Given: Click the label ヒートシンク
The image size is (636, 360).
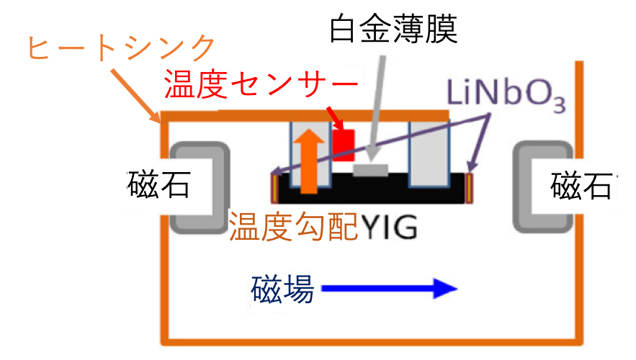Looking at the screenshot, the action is [x=121, y=48].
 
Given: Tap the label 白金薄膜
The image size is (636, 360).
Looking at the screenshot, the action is [x=393, y=29].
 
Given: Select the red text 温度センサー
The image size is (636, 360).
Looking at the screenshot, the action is [x=261, y=84].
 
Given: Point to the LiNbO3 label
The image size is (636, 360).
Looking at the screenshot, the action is [x=506, y=95].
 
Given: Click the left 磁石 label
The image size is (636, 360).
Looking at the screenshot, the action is [x=159, y=184].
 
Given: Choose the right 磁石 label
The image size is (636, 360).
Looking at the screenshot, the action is [x=582, y=185].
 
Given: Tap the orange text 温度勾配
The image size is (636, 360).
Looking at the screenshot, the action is [x=293, y=226].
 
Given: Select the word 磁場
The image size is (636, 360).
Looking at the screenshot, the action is [x=282, y=289].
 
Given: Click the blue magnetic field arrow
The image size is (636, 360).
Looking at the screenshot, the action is [x=390, y=289].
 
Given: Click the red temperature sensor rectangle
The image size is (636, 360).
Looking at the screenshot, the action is [x=344, y=145].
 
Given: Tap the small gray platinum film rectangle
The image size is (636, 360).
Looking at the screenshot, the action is [x=370, y=170].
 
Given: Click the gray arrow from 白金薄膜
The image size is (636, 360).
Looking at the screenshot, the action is [x=376, y=109].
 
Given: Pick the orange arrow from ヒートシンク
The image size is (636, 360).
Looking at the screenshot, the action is [x=136, y=96].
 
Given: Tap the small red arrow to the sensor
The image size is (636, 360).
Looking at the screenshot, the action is [x=336, y=118].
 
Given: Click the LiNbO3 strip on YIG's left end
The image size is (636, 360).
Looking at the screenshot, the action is [x=275, y=188].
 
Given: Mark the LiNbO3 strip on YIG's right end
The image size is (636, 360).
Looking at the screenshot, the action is [x=470, y=188].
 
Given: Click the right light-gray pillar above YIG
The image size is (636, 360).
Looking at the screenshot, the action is [x=429, y=154].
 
